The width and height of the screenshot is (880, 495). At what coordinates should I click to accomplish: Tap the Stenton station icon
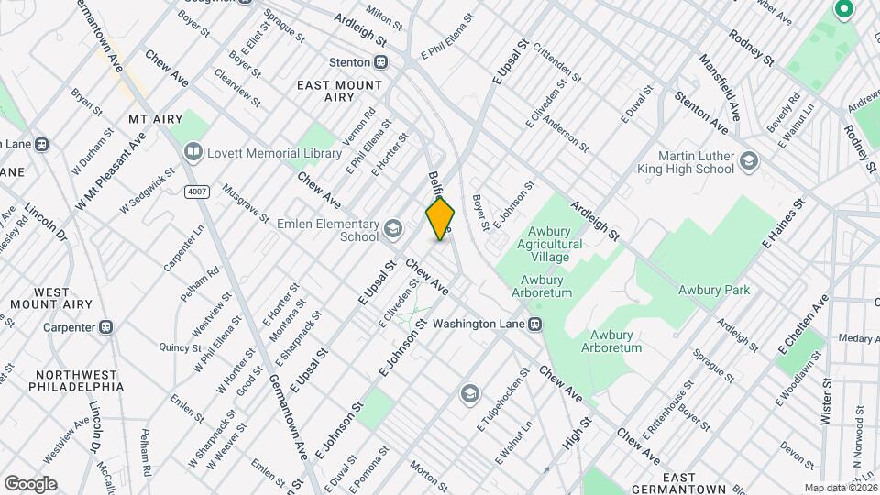point(380,62)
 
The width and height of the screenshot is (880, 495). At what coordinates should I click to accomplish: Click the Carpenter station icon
point(106,326)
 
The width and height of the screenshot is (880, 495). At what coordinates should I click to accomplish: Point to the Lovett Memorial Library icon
point(192,150)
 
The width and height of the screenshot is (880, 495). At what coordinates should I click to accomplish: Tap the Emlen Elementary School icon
point(392,228)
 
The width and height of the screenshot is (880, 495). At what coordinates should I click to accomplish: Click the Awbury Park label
point(714,290)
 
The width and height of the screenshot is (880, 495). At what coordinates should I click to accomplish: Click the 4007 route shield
point(194,190)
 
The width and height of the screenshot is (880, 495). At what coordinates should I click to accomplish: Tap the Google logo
point(30,483)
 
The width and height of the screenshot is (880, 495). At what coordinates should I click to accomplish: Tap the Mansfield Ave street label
point(720,87)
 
